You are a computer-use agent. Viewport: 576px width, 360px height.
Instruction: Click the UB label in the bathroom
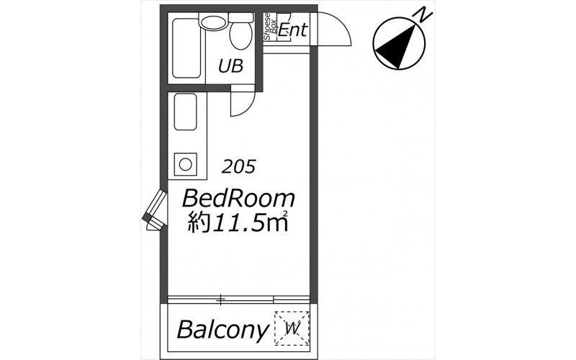coord(230,66)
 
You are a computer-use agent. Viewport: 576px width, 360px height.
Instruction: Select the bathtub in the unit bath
coord(186,48)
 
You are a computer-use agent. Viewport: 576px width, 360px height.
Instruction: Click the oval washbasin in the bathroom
coord(213,22)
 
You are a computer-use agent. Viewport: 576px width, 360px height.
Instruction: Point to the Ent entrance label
coord(292,30)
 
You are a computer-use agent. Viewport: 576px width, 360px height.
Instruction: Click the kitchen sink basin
coord(185,112)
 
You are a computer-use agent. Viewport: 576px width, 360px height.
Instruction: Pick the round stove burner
coord(185,164)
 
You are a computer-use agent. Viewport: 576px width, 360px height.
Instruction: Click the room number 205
coord(238,167)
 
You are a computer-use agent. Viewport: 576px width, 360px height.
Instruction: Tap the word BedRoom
coord(238,199)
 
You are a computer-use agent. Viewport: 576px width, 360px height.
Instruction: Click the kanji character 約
coord(199,222)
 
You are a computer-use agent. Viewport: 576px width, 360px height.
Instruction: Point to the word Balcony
coord(222,330)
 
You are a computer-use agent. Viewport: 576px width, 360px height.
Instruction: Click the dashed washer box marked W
coord(292,328)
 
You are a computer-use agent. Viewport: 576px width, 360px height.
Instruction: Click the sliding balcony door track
coord(238,300)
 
